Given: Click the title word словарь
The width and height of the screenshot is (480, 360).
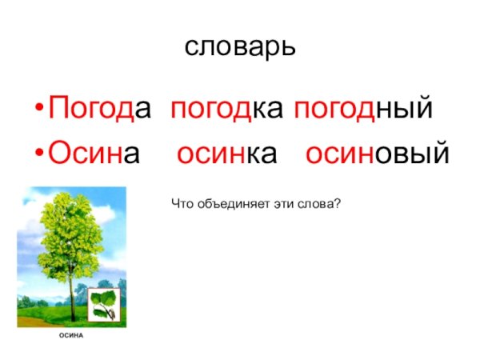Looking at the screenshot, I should pos(240,46).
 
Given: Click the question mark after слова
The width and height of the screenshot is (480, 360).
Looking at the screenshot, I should pos(338,206).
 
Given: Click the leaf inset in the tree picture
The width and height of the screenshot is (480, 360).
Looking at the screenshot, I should pos(102,303).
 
